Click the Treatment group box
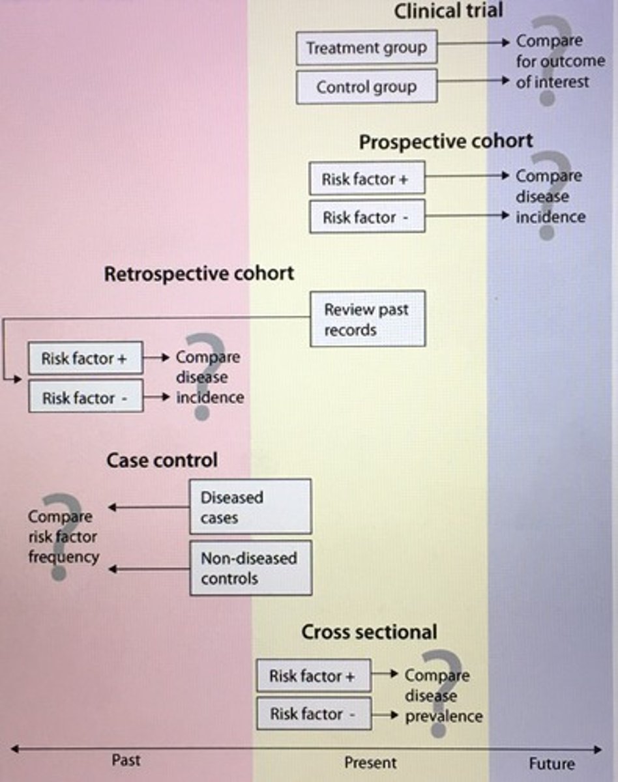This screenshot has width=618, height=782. coord(366,48)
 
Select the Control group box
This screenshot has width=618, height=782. coord(366,87)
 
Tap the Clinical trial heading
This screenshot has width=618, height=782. coord(449,11)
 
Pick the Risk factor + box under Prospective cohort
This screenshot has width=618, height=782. coord(367,179)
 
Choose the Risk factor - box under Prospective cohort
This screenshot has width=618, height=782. coord(367,218)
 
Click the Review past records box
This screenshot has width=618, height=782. coord(367,319)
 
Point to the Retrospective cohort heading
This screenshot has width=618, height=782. coord(199,274)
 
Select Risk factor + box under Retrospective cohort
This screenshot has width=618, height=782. coord(85,358)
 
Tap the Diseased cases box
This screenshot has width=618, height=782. coord(250,508)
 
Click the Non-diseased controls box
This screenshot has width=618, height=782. coord(250,568)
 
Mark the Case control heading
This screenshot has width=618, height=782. coord(162,461)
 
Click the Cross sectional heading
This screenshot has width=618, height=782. coord(369,632)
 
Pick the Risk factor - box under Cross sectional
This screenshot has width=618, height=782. coord(314,714)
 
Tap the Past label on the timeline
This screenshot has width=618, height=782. coord(126,760)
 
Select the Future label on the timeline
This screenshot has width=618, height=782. coord(552,764)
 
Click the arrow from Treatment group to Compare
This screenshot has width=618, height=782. coord(472,42)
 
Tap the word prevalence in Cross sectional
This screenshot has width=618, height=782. coord(444,717)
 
